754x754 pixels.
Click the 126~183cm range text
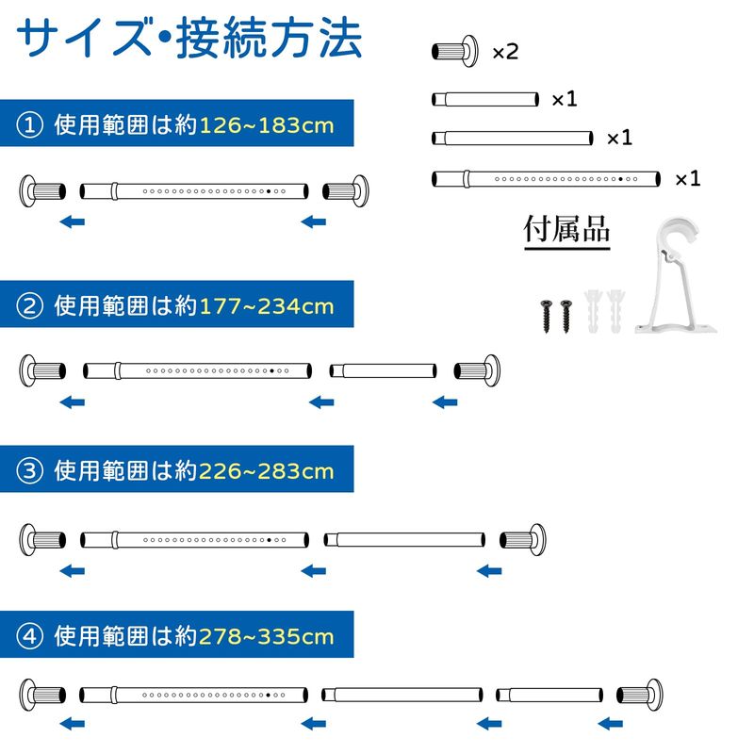point(267,125)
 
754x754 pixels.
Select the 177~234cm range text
point(267,306)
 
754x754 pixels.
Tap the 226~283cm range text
point(267,471)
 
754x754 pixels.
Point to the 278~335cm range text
point(267,637)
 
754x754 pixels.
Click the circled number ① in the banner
point(30,125)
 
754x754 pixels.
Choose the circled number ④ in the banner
point(30,636)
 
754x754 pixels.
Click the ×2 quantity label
point(505,52)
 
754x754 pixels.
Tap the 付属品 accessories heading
point(567,229)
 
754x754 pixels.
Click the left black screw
point(547,316)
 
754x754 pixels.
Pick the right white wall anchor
point(616,311)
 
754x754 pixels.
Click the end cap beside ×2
point(455,52)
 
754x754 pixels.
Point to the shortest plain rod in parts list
point(485,100)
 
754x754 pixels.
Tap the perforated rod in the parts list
point(546,179)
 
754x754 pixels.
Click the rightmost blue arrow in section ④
point(610,723)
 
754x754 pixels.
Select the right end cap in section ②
point(477,370)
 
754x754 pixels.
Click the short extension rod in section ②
point(384,370)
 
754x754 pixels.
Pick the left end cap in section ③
point(42,540)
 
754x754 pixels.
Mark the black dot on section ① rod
point(269,191)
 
